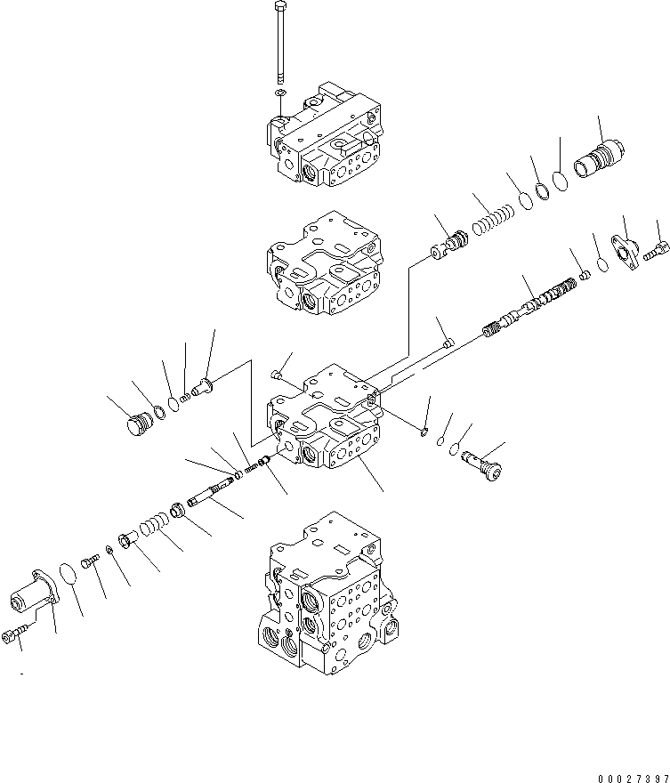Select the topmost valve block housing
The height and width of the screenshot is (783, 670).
[x=325, y=138]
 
